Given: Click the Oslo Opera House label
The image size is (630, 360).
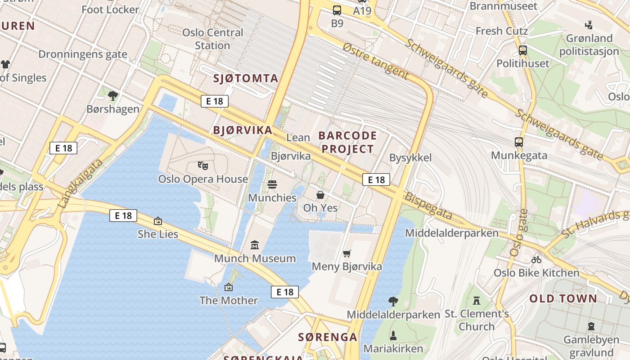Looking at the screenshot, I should [x=203, y=179].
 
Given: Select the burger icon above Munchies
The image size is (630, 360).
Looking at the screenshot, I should [x=272, y=184].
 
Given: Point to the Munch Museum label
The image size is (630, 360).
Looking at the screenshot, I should [x=255, y=258].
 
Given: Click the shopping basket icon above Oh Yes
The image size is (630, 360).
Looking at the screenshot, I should [x=320, y=195].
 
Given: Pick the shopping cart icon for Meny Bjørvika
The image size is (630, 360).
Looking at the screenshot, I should [x=346, y=254].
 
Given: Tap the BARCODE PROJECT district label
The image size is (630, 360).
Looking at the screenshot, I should [x=347, y=142].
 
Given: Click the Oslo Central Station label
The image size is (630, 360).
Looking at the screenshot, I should [x=212, y=39].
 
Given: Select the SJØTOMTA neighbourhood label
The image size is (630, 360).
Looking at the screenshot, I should [x=246, y=78].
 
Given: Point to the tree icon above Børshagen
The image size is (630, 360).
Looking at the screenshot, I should [x=113, y=95].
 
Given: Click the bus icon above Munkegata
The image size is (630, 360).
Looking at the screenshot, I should [x=519, y=142].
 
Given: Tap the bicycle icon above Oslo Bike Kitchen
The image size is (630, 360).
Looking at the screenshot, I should [x=536, y=260].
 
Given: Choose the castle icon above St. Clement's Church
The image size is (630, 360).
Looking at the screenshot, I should [x=477, y=300].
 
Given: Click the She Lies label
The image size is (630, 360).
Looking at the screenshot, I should [x=158, y=234].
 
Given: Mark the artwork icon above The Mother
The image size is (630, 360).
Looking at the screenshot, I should [x=229, y=287].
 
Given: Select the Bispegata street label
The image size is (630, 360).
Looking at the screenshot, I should [x=428, y=207].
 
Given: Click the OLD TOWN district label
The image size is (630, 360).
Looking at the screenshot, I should [x=563, y=298].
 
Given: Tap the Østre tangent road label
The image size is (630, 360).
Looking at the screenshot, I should [x=375, y=62].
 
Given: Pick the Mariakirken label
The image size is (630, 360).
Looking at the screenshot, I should [x=393, y=348].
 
